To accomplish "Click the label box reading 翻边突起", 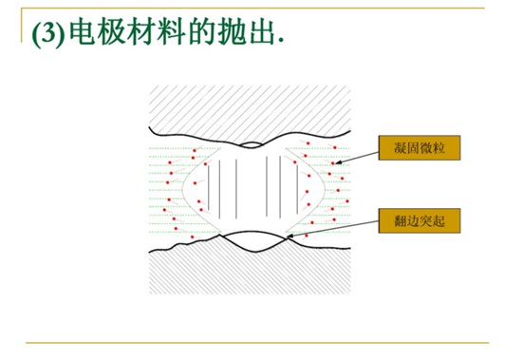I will coord(419,220).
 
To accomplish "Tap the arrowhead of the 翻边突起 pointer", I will coord(289,235).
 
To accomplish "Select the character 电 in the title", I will coord(80,34).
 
